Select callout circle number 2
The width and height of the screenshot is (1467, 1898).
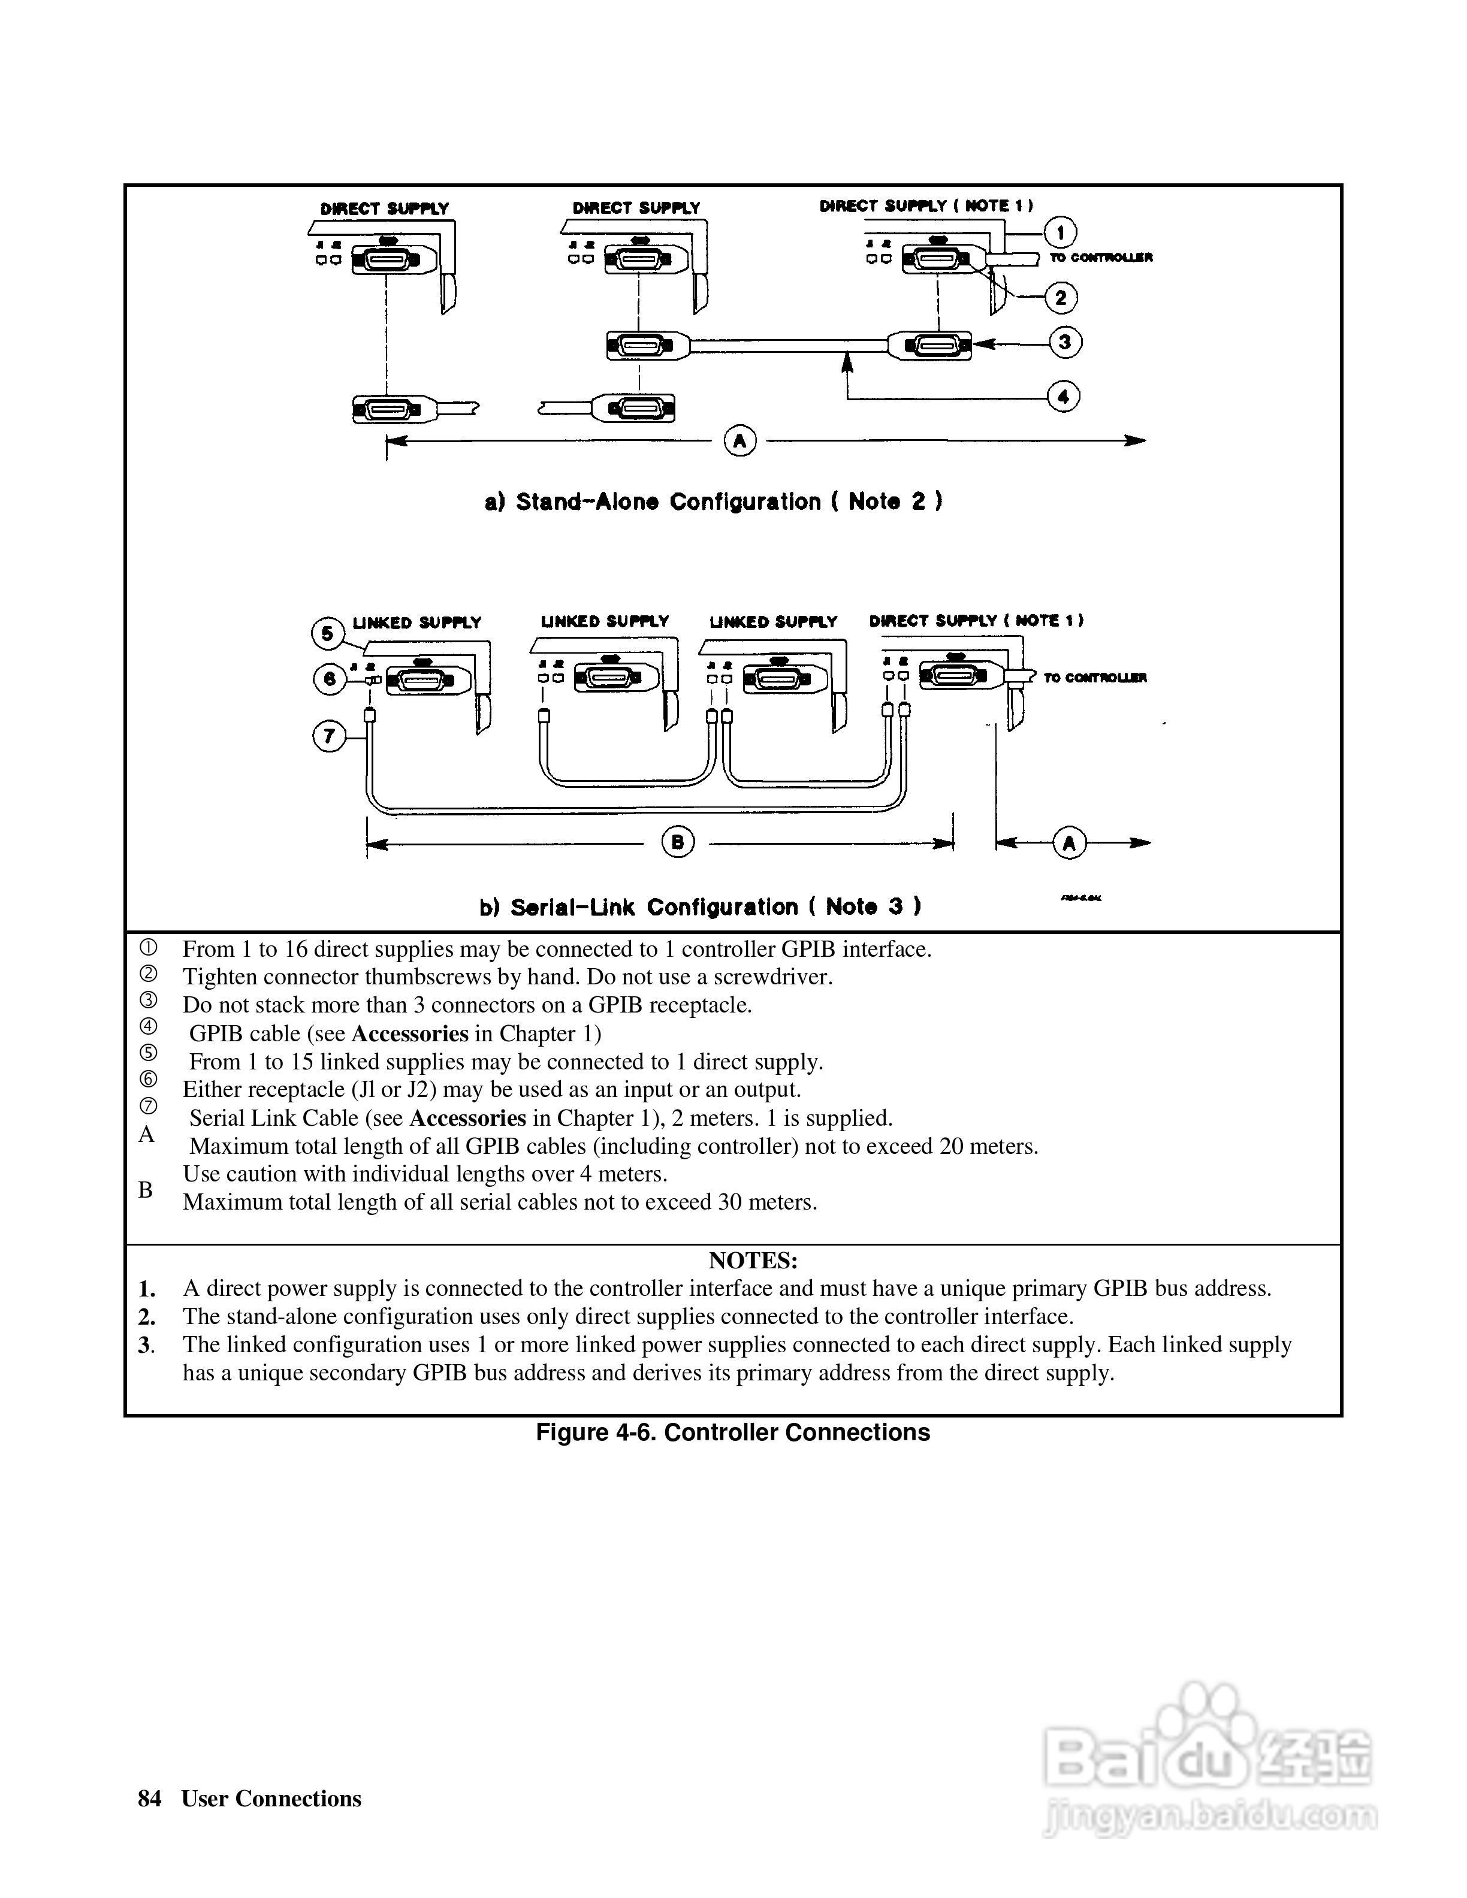(x=1060, y=298)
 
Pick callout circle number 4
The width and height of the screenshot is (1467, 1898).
(x=1063, y=397)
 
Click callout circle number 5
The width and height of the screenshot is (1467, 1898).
(x=328, y=633)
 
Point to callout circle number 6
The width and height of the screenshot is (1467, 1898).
(x=330, y=679)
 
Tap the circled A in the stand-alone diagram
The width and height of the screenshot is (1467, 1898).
(x=739, y=440)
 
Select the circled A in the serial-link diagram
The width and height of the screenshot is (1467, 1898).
(x=1069, y=842)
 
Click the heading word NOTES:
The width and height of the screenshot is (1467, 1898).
(x=753, y=1260)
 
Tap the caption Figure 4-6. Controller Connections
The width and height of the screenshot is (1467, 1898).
(x=733, y=1432)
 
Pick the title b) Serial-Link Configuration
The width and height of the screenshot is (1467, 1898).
(x=701, y=907)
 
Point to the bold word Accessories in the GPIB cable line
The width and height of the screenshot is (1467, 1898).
(x=410, y=1033)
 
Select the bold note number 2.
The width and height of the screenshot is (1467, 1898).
(x=147, y=1317)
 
